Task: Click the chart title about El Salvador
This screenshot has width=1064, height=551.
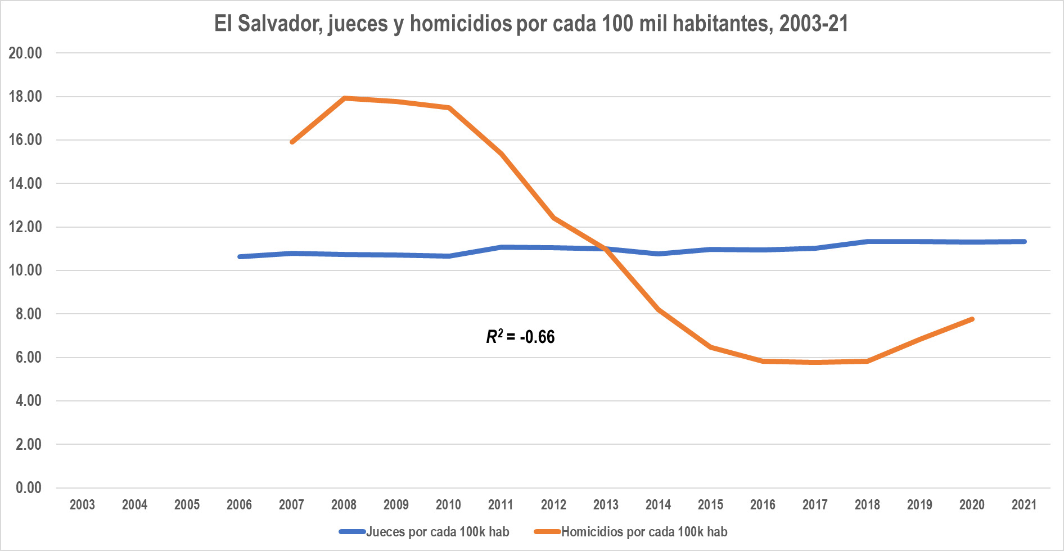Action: click(531, 24)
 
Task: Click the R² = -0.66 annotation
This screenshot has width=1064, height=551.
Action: click(520, 336)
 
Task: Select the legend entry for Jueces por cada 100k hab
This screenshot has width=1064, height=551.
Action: click(424, 531)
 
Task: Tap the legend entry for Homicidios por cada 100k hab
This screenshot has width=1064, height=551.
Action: click(630, 531)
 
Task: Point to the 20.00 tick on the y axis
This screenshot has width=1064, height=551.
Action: click(25, 53)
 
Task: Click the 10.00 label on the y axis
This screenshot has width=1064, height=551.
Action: click(25, 270)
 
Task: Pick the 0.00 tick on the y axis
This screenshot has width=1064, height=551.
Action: click(28, 487)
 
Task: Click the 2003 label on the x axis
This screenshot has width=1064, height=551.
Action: click(82, 504)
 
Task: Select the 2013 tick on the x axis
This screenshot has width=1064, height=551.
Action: click(606, 504)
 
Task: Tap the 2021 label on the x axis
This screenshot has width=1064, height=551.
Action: click(1024, 504)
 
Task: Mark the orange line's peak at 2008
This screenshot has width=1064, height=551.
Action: click(344, 98)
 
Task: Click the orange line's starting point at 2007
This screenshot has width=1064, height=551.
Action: click(292, 142)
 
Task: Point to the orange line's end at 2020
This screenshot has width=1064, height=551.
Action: click(972, 319)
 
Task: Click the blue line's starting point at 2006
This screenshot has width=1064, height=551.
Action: click(240, 257)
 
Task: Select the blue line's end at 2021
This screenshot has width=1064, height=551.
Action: click(1024, 242)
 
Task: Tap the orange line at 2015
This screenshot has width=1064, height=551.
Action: click(710, 347)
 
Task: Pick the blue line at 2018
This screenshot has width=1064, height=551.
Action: click(867, 242)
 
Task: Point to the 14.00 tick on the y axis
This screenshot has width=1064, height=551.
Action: click(25, 183)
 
